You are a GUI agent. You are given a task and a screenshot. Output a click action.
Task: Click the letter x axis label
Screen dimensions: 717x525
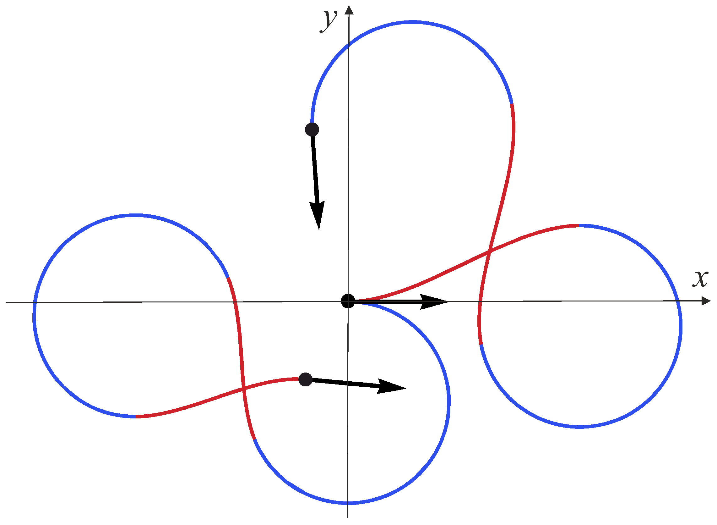click(x=700, y=279)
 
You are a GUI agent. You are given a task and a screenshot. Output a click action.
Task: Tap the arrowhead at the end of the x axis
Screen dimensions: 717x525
click(x=706, y=301)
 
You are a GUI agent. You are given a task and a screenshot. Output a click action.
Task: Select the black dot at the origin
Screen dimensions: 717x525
click(x=348, y=301)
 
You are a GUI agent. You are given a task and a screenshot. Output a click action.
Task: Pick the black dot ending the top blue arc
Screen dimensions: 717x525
click(x=312, y=129)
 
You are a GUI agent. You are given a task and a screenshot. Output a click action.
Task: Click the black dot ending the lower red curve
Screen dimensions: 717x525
click(x=305, y=379)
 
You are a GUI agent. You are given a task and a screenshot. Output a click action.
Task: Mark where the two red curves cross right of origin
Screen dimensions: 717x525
click(x=489, y=252)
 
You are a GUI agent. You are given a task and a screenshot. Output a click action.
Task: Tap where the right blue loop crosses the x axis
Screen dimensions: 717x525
click(x=678, y=301)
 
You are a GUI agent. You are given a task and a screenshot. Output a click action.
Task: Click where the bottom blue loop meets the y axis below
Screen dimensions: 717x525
click(x=348, y=503)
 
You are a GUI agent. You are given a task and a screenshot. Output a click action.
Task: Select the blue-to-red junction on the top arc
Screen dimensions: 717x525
click(x=512, y=104)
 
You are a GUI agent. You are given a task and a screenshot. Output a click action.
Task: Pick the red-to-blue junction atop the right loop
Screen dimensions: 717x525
click(x=578, y=226)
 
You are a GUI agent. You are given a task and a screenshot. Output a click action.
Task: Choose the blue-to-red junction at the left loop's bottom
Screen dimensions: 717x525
click(x=136, y=416)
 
